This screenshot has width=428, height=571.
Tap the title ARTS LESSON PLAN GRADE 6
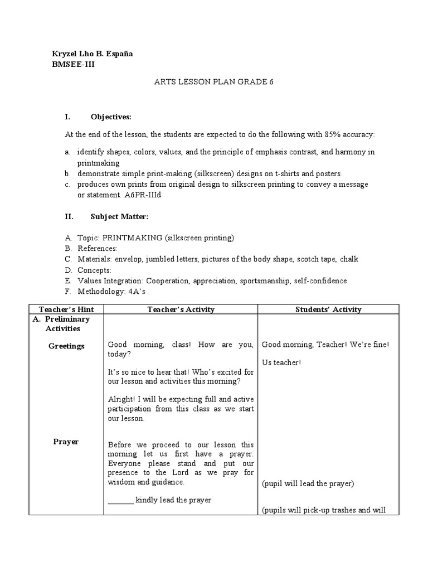point(214,81)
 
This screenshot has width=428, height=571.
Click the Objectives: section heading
point(111,117)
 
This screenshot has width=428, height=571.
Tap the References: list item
point(97,248)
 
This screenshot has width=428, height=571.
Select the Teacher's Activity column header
point(181,309)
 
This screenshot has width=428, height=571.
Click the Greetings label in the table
point(66,346)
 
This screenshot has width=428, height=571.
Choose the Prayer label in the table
point(66,442)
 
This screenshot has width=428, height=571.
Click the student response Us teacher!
point(281,363)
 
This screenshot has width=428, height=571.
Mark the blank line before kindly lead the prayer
point(120,500)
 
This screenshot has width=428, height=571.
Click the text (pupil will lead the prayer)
point(308,483)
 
